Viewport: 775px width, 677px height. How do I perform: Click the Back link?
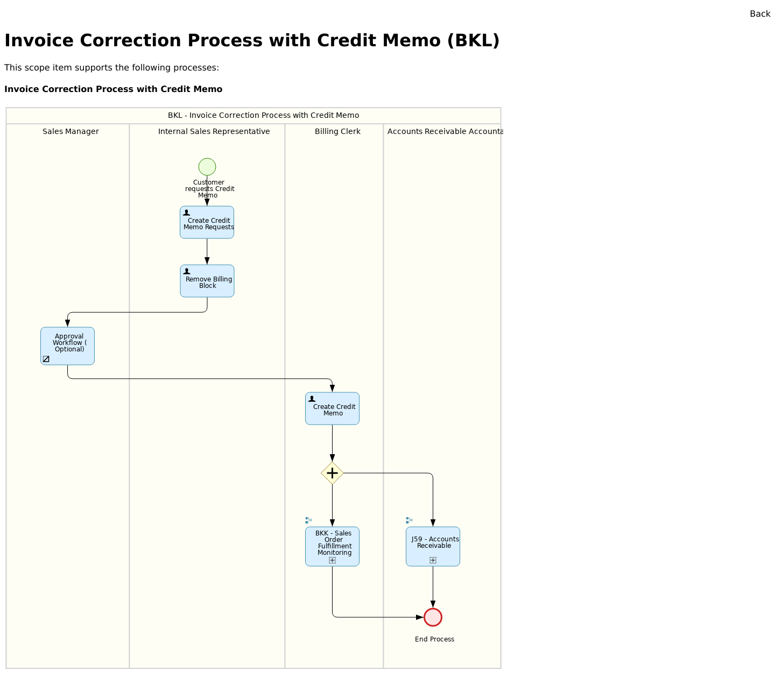(x=759, y=14)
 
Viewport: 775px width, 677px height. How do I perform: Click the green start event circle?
(x=207, y=167)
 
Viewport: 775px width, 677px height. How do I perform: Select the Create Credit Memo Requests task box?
(x=207, y=222)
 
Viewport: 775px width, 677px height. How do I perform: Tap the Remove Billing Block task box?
(x=207, y=281)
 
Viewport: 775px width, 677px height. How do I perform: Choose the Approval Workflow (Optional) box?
(x=68, y=346)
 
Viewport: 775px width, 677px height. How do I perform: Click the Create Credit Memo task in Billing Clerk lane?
(x=332, y=408)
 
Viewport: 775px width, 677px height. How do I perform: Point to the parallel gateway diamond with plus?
(x=332, y=473)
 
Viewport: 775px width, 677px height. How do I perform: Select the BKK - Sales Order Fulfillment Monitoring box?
(x=332, y=546)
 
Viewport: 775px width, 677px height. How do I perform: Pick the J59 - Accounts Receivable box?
(x=433, y=546)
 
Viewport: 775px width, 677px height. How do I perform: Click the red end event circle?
(x=433, y=617)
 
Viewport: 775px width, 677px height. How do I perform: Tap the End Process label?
(x=434, y=639)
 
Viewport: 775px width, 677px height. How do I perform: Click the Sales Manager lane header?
(x=71, y=131)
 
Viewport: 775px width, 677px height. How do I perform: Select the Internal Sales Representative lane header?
(x=214, y=131)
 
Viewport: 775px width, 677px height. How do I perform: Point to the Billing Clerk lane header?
(x=337, y=131)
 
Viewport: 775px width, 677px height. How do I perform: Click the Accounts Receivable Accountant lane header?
(x=443, y=131)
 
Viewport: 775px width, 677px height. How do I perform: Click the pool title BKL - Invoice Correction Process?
(x=263, y=115)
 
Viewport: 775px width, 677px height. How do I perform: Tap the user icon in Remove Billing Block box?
(x=187, y=271)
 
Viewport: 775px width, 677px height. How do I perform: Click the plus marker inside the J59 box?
(x=433, y=560)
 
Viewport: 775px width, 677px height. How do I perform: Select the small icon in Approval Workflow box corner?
(x=46, y=359)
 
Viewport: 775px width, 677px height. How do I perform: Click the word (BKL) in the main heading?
(x=473, y=41)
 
